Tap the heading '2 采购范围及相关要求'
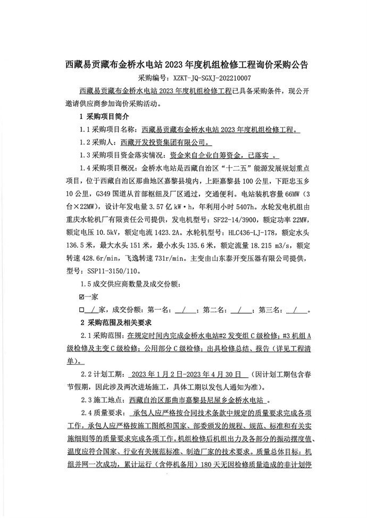click(x=116, y=322)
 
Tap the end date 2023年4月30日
click(x=211, y=374)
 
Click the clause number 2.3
click(x=86, y=400)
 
